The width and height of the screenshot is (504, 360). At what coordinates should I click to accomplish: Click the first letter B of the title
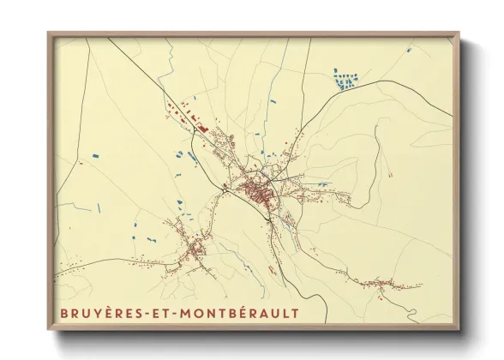(63, 314)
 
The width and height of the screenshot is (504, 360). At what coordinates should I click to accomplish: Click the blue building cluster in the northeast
(346, 81)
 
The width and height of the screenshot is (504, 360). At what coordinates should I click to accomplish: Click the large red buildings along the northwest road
(195, 120)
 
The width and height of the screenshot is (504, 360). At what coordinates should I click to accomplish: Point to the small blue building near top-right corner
(408, 51)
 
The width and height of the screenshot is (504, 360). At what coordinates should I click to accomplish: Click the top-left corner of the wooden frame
(49, 33)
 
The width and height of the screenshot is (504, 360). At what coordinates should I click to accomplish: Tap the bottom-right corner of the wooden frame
(459, 330)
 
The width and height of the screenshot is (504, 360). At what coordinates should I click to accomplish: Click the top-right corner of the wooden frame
(459, 33)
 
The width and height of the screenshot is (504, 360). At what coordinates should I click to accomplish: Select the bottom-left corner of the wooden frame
(49, 330)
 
